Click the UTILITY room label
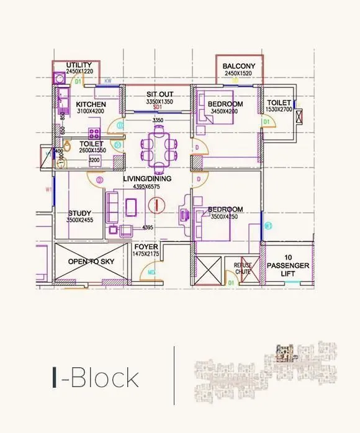tap(79, 65)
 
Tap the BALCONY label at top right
tap(239, 65)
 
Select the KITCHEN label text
tap(91, 105)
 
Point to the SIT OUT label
tap(160, 94)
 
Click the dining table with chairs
tap(160, 149)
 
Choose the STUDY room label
tap(79, 213)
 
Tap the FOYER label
tap(146, 246)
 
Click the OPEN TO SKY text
tap(91, 262)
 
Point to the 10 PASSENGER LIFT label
tap(288, 266)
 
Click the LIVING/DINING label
tap(146, 179)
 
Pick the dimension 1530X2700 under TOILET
tap(279, 109)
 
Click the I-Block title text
tap(96, 377)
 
